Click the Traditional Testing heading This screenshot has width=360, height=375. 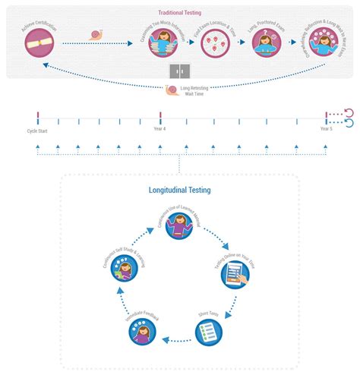coord(180,13)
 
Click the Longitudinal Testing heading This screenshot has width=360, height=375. coord(179,191)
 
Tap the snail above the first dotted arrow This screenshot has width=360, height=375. coord(96,34)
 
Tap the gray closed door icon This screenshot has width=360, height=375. coord(180,70)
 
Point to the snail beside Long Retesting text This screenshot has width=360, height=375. coord(172,90)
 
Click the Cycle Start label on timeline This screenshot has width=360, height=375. coord(37,131)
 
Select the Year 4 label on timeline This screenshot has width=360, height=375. coord(160,131)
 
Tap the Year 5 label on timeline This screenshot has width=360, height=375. coord(325,131)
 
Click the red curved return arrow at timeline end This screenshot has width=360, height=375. coord(348,114)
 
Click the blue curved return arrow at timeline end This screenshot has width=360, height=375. coord(348,124)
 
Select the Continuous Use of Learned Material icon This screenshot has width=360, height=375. coord(180,226)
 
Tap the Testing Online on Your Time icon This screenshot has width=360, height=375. coord(235,274)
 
